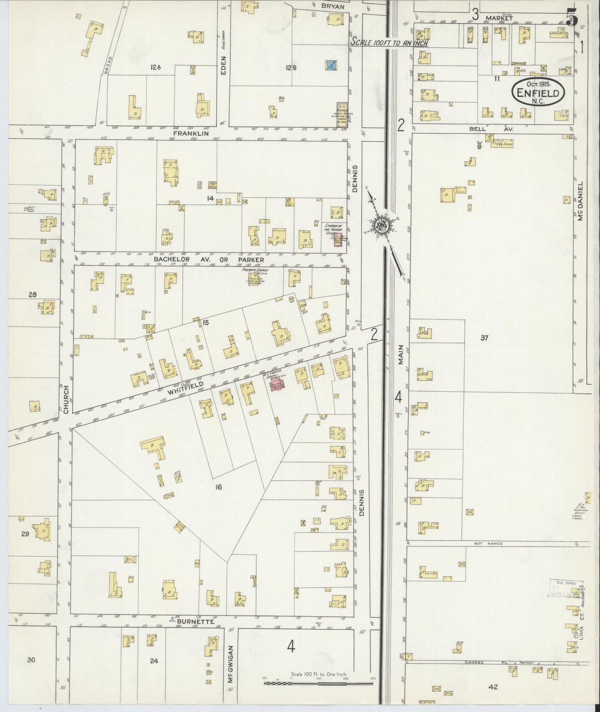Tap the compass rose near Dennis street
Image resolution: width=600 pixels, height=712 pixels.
tap(381, 226)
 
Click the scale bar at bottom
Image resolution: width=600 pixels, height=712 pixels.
tap(318, 683)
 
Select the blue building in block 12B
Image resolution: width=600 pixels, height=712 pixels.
tap(331, 65)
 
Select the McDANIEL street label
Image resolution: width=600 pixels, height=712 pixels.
tap(580, 201)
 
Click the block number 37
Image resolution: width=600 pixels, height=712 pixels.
tap(484, 338)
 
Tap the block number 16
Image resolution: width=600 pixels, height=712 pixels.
tap(218, 487)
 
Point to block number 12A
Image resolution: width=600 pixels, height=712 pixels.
tap(156, 67)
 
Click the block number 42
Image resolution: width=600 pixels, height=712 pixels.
tap(493, 687)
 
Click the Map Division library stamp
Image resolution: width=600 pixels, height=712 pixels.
tap(566, 589)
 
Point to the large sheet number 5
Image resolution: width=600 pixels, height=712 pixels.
tap(572, 21)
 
